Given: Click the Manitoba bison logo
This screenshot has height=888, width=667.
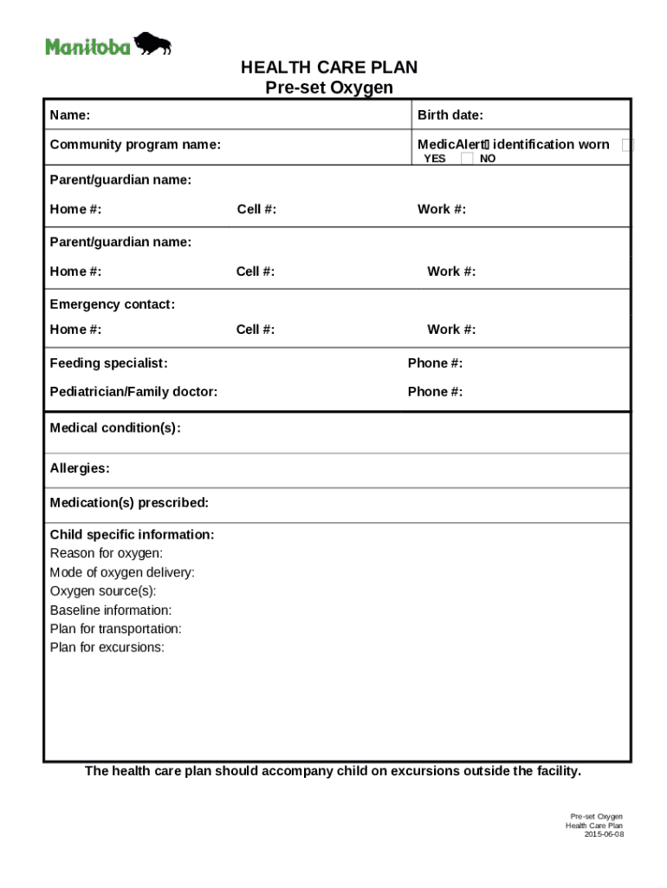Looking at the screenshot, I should pyautogui.click(x=108, y=44).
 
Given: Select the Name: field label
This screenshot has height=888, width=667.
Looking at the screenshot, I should pyautogui.click(x=70, y=115).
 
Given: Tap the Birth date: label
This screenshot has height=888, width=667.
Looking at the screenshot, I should pyautogui.click(x=450, y=115).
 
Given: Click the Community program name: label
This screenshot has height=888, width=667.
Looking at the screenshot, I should pyautogui.click(x=134, y=145).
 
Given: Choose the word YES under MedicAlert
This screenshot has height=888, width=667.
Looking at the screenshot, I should pyautogui.click(x=434, y=159).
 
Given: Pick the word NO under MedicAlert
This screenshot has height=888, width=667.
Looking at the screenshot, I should pyautogui.click(x=488, y=159).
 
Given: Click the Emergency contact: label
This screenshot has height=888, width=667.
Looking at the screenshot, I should pyautogui.click(x=112, y=304).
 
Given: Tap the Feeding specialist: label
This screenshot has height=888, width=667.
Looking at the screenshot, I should pyautogui.click(x=108, y=363).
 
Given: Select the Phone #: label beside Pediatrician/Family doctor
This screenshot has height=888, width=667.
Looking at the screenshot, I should pyautogui.click(x=435, y=392).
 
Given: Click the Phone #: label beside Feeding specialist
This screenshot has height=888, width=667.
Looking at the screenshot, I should pyautogui.click(x=435, y=363).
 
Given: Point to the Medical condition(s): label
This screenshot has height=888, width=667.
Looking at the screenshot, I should pyautogui.click(x=115, y=428).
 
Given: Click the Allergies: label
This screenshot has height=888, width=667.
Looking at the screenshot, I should pyautogui.click(x=80, y=468).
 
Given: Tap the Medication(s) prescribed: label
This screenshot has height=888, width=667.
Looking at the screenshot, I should pyautogui.click(x=129, y=503).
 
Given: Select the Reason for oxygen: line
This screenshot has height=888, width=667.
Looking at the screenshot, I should pyautogui.click(x=106, y=553).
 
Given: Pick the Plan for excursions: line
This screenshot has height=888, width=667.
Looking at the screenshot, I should pyautogui.click(x=107, y=648).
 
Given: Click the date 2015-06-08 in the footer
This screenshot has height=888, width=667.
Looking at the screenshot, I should pyautogui.click(x=603, y=834).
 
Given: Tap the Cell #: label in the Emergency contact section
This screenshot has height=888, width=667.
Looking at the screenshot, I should pyautogui.click(x=256, y=330).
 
